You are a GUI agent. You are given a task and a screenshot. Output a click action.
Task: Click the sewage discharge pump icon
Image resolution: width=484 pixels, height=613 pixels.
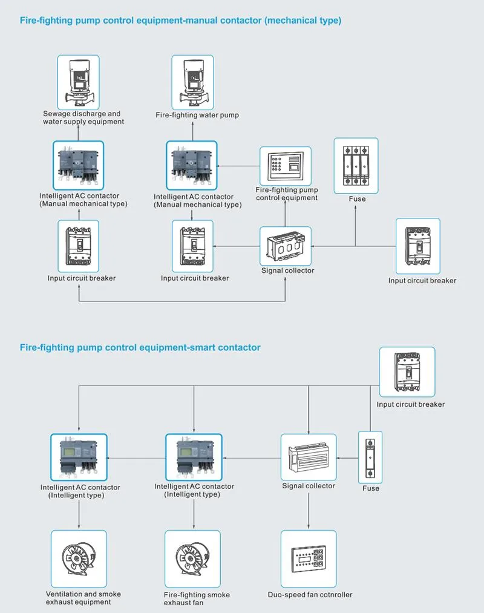pos(78,82)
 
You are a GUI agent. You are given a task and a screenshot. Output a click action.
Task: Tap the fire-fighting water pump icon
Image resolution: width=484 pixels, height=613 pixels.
pos(193,82)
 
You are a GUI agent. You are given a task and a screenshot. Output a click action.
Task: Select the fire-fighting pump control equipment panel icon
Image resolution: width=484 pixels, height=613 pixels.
pos(286,166)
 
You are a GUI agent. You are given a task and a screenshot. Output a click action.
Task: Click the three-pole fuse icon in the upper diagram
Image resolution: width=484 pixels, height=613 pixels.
pos(356,166)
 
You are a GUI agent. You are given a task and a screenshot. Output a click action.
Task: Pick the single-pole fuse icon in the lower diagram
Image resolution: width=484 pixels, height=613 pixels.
pos(370,457)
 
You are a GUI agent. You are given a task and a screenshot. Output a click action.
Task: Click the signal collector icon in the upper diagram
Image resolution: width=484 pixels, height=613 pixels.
pos(286,246)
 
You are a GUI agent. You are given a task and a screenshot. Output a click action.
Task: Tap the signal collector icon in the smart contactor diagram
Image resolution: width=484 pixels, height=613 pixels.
pos(309,457)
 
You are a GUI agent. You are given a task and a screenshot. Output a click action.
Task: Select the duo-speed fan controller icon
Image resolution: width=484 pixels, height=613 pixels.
pos(309,559)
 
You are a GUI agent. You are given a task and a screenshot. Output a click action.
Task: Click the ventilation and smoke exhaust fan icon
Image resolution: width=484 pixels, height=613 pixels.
pos(79,559)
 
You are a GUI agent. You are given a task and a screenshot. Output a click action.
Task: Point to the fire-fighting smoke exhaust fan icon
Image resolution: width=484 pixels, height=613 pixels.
pos(193,559)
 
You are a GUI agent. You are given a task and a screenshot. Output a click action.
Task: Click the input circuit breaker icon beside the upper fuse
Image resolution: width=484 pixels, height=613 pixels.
pos(418,246)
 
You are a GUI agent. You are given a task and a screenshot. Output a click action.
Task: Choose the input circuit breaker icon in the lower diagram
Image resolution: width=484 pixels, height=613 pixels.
pos(407,372)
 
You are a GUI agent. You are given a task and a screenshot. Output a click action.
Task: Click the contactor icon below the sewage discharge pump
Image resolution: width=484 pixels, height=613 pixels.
pos(78,166)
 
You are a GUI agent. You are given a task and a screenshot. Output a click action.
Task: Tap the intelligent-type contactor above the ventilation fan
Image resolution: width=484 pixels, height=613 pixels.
pos(79,457)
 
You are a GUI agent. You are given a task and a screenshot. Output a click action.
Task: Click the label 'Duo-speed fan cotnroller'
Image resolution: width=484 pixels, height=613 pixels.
pos(310,595)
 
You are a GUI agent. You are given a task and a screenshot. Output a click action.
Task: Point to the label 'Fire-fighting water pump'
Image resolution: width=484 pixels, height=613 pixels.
pos(197,115)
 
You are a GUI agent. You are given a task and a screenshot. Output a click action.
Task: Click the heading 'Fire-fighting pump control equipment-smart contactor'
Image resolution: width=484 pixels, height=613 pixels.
pos(140,347)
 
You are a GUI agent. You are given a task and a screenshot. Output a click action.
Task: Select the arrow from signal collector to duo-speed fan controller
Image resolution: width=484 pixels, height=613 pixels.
pos(309,511)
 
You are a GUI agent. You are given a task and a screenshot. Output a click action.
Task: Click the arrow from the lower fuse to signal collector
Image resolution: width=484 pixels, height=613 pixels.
pos(347,458)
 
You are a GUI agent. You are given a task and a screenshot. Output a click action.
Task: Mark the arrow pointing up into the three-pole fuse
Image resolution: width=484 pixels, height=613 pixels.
pos(355,226)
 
